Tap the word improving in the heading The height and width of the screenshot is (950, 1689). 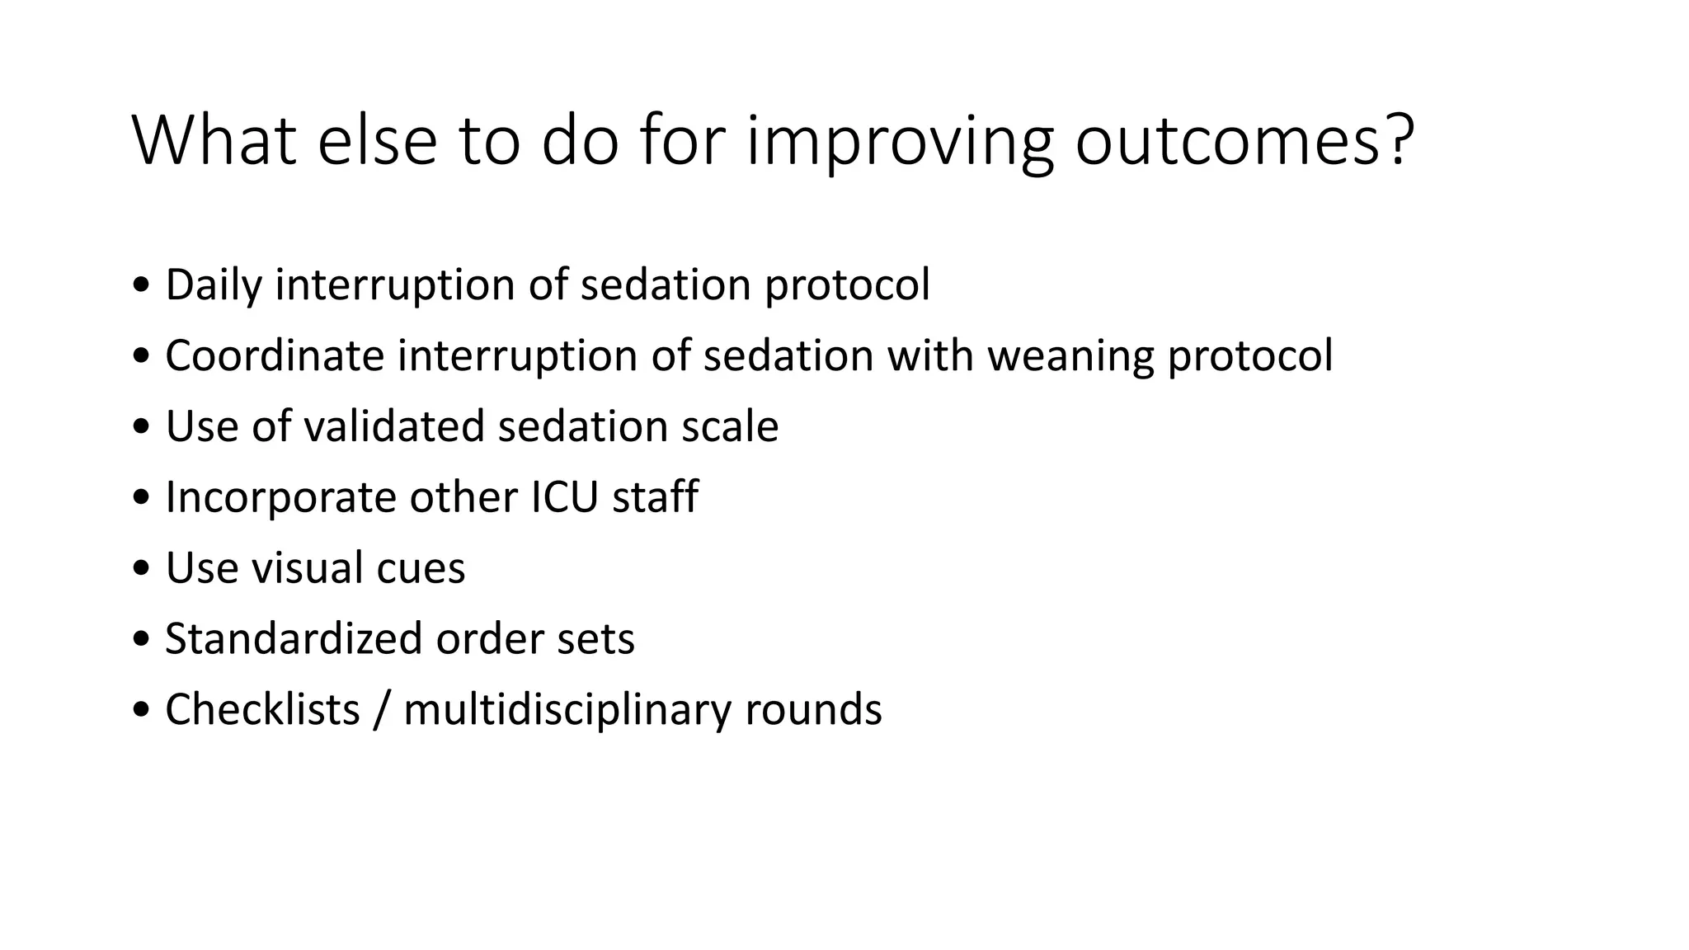coord(900,142)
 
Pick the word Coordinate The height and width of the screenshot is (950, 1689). coord(275,356)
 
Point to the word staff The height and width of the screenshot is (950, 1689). coord(656,497)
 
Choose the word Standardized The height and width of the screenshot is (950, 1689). coord(294,639)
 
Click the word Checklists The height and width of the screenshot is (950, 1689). coord(262,709)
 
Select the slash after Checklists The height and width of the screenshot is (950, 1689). coord(381,709)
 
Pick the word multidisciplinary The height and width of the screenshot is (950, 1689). coord(567,711)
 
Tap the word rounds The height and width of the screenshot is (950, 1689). coord(813,709)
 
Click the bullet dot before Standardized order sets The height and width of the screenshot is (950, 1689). coord(141,639)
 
